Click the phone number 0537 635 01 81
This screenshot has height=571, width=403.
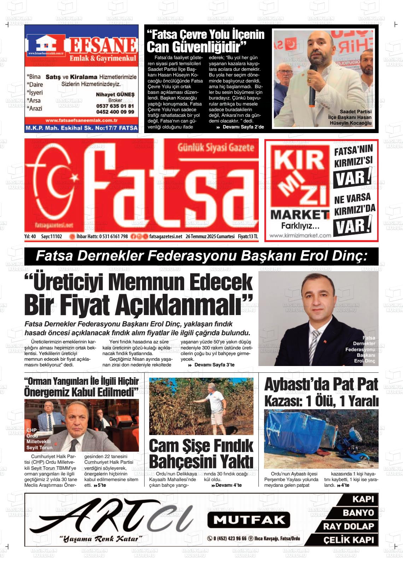(115, 106)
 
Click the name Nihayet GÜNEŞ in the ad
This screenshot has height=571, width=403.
(115, 95)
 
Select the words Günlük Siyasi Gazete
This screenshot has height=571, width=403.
(216, 148)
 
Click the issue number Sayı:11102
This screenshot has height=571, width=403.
(52, 236)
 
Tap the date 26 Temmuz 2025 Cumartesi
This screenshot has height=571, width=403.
(210, 236)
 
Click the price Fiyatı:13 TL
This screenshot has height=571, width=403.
(248, 236)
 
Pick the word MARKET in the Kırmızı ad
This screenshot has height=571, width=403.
(300, 215)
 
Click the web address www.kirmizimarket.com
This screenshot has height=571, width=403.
(300, 235)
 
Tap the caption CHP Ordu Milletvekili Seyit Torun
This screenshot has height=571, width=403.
(39, 439)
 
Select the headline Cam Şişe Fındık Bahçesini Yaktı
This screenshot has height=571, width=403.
(201, 454)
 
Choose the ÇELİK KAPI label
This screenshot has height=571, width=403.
(348, 540)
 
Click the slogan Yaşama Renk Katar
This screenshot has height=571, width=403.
(101, 539)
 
